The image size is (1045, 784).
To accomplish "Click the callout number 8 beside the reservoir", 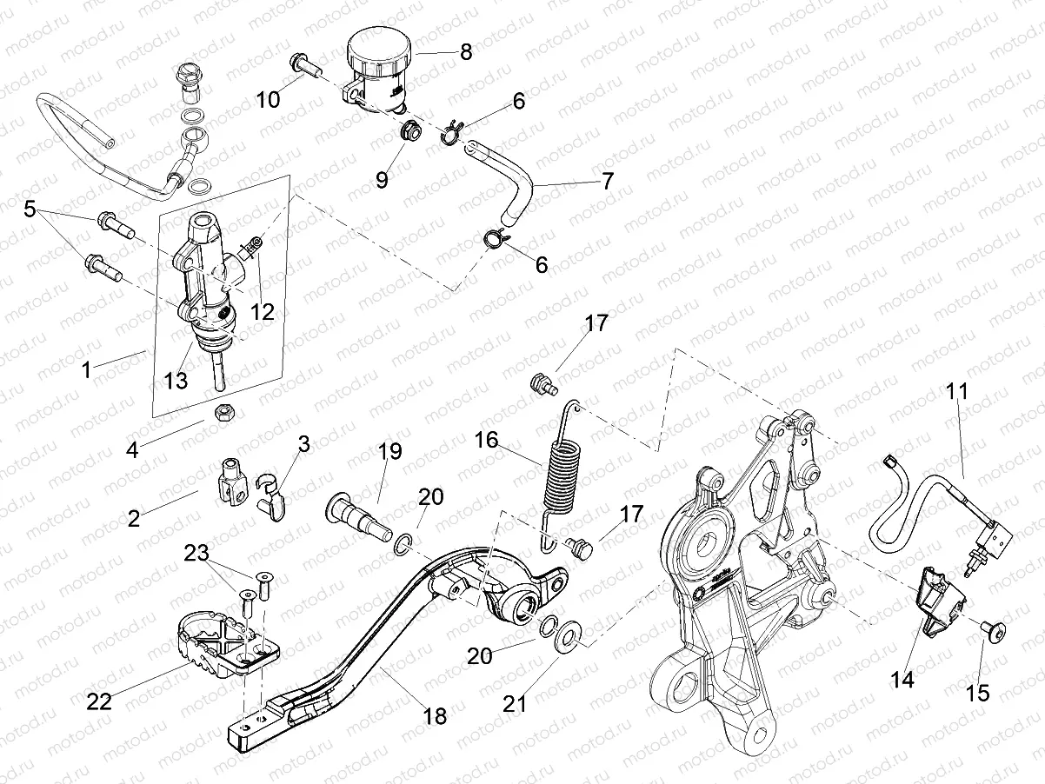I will coord(466,51).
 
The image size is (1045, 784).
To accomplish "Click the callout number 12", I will coord(262,311).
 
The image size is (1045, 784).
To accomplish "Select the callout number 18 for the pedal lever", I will coord(434,715).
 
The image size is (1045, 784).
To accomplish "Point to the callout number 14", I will coord(903,680).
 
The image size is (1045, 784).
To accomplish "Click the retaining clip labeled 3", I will coord(272,497).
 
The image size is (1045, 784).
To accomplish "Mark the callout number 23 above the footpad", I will coord(196,553).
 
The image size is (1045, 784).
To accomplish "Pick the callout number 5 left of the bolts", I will coord(30,209).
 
